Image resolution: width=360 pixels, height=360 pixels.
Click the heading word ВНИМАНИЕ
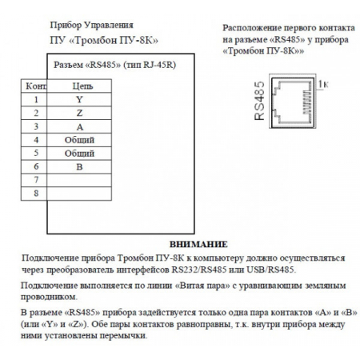(x=199, y=243)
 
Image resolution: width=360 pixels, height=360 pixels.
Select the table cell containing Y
(x=78, y=100)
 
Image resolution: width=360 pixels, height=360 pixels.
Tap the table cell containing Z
(x=78, y=113)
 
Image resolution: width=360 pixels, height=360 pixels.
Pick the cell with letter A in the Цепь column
(x=78, y=126)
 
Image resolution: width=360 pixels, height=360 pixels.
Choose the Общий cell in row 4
(x=78, y=138)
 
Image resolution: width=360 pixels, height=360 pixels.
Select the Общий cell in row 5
(x=78, y=151)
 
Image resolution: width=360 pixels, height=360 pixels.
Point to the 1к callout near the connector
(x=324, y=83)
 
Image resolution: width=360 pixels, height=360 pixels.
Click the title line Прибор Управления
(x=90, y=25)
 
